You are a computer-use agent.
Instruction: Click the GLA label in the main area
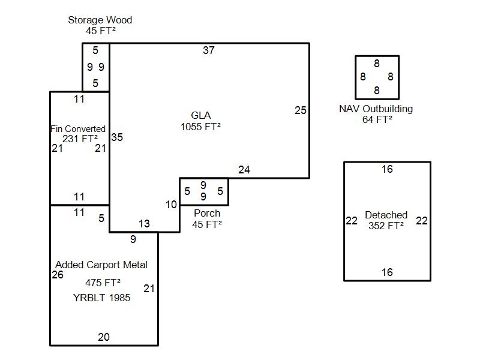point(200,115)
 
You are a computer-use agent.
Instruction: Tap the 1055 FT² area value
point(200,127)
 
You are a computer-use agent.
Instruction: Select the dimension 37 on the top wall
point(208,50)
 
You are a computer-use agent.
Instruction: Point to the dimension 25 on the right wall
point(301,110)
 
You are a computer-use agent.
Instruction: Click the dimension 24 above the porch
point(244,170)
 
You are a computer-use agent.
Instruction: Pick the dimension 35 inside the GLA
point(117,137)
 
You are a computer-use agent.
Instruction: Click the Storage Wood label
point(100,20)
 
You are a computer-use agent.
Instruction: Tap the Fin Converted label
point(78,129)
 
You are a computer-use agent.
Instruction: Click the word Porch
point(207,214)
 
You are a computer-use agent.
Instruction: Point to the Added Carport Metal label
point(101,265)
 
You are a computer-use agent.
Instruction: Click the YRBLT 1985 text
point(101,298)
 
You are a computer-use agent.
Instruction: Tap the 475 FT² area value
point(103,282)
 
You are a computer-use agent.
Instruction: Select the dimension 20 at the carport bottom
point(104,337)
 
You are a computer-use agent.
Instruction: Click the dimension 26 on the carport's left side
point(58,275)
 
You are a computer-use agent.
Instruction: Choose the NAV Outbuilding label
point(376,109)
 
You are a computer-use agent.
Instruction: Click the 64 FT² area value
point(377,119)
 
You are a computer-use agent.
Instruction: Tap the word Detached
point(386,215)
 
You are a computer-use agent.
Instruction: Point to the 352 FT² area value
point(386,226)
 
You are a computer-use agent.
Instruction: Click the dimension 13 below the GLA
point(144,224)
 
